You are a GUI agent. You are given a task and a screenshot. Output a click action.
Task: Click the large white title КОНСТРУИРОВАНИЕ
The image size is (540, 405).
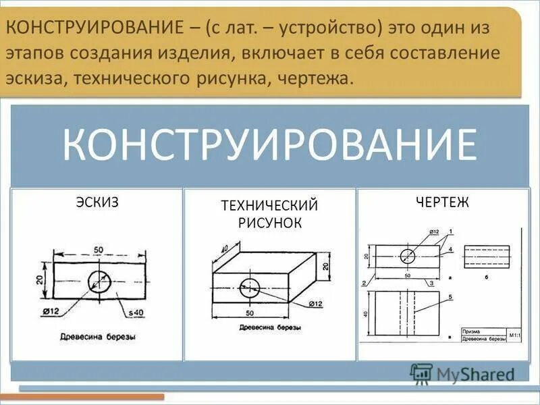pyautogui.click(x=270, y=144)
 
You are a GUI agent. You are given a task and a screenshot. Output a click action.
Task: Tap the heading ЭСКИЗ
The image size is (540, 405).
pyautogui.click(x=97, y=202)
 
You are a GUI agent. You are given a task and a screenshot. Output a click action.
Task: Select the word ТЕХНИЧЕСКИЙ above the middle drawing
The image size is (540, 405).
pyautogui.click(x=269, y=205)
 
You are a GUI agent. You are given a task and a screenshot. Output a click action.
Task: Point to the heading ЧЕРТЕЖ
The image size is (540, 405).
pyautogui.click(x=443, y=202)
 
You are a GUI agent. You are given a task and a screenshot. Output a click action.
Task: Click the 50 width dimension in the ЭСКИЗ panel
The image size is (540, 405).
pyautogui.click(x=99, y=250)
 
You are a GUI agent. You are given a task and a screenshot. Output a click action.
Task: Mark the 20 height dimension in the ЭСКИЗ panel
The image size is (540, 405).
pyautogui.click(x=39, y=279)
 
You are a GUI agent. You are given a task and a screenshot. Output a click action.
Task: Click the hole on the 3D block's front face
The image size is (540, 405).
pyautogui.click(x=248, y=287)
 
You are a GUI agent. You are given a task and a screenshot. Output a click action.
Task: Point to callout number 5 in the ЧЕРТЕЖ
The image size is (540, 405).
pyautogui.click(x=450, y=297)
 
